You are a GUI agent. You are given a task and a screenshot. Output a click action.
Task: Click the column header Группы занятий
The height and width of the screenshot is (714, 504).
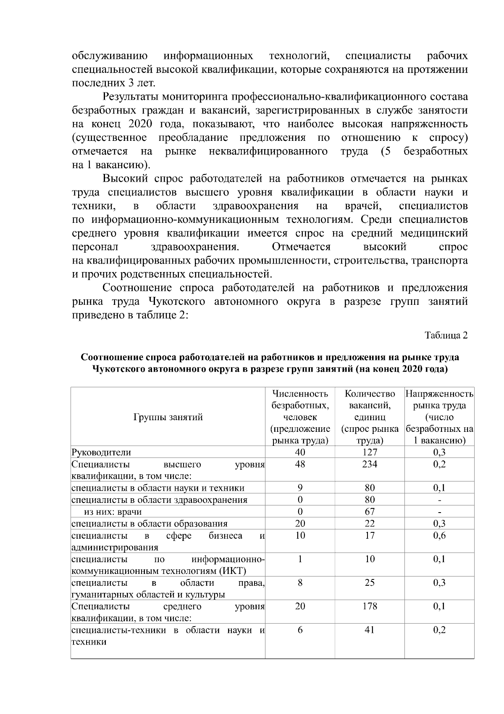point(168,417)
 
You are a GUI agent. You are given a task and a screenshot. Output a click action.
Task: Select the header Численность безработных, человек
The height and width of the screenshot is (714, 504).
point(300,417)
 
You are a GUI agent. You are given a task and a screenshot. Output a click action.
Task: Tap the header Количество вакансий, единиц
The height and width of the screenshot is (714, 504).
point(370,417)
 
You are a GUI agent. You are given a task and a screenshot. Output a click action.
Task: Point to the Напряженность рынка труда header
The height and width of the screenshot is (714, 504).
point(439,417)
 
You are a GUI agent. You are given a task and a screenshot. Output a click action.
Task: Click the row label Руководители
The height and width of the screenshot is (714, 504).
point(101,452)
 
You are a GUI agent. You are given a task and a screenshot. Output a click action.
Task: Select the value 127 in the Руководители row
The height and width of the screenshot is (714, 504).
point(370,452)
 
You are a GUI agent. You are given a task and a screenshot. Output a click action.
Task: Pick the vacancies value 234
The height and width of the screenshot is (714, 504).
point(370,464)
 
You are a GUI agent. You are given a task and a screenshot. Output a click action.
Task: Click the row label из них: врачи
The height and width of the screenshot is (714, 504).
point(113,512)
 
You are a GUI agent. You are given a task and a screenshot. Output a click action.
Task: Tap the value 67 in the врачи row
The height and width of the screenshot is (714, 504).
point(370,511)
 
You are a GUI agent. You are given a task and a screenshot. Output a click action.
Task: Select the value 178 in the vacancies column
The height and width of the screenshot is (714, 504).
point(370,606)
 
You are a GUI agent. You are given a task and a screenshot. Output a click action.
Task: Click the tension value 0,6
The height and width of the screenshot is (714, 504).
point(439,535)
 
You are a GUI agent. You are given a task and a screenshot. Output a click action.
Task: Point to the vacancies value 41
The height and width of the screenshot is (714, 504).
point(370,629)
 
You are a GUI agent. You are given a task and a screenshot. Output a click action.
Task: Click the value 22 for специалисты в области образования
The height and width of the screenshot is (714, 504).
point(370,523)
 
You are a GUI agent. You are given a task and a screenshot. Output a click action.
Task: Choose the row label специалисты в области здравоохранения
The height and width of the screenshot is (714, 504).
point(159,500)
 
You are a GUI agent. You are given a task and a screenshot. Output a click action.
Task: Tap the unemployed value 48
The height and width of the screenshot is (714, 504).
point(300,464)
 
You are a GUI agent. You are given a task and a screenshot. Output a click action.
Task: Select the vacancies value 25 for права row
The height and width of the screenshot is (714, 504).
point(370,582)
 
